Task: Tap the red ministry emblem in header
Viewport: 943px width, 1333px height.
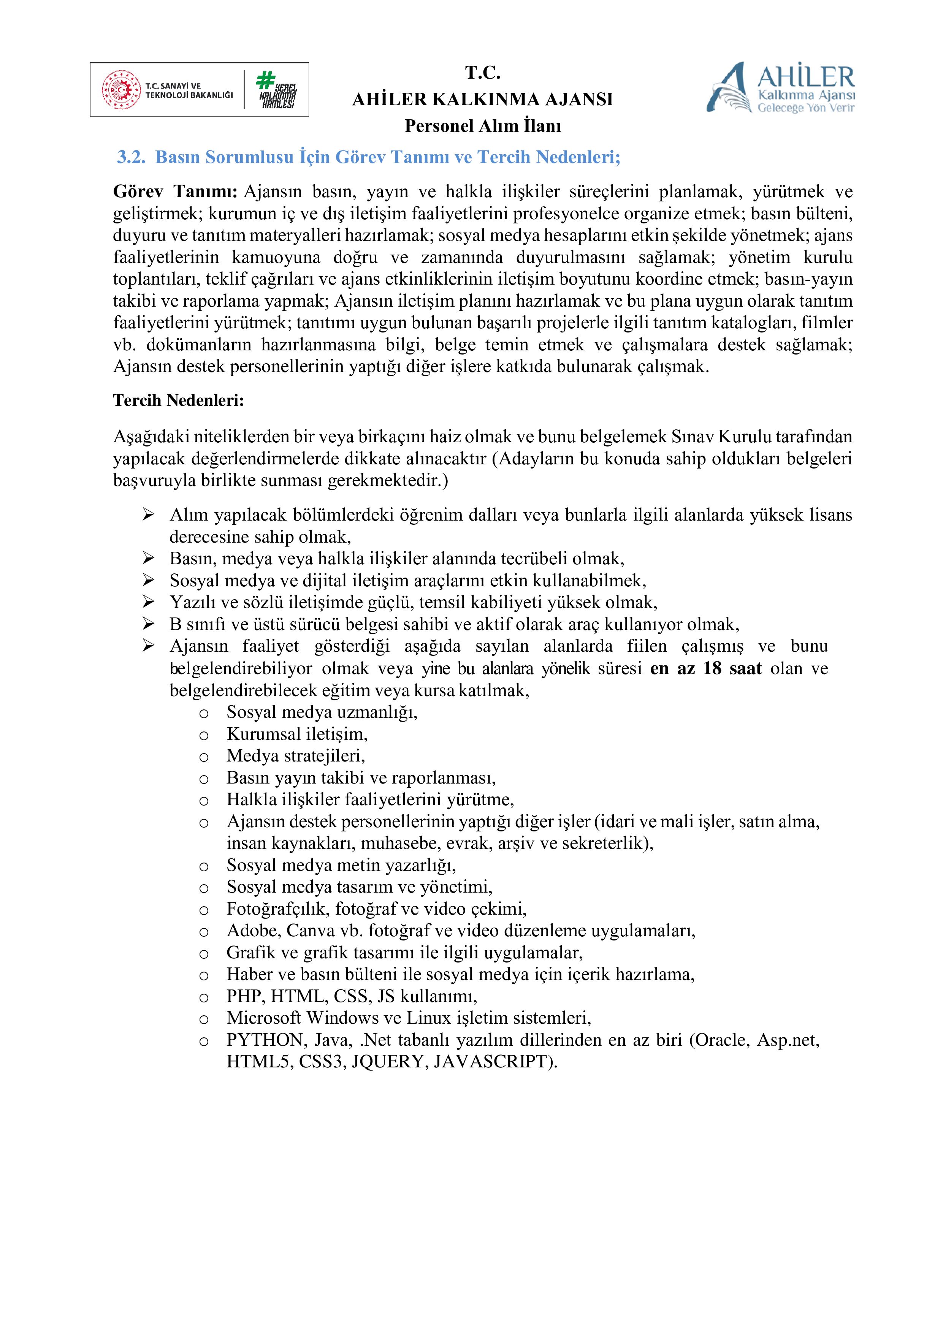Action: (121, 90)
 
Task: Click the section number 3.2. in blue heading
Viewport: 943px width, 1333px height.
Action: (131, 157)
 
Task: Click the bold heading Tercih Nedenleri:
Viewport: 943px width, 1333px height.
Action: (178, 401)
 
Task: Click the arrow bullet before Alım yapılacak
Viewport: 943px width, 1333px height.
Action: (149, 515)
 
